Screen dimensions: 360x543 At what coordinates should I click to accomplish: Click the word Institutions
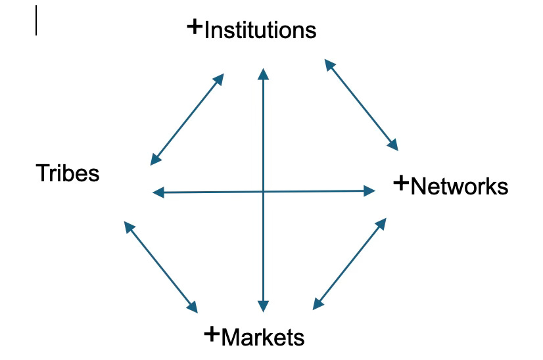pyautogui.click(x=260, y=30)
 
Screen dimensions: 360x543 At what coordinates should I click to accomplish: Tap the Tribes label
pyautogui.click(x=68, y=173)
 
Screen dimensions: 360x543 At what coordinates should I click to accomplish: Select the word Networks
pyautogui.click(x=459, y=187)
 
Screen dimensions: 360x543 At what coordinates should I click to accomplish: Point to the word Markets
pyautogui.click(x=263, y=338)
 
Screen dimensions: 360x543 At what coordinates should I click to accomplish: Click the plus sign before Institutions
pyautogui.click(x=195, y=27)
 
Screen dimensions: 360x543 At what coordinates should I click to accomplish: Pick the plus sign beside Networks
pyautogui.click(x=400, y=183)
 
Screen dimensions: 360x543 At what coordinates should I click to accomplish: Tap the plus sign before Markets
pyautogui.click(x=212, y=334)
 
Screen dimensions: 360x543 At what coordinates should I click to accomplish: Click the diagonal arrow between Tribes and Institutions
pyautogui.click(x=187, y=119)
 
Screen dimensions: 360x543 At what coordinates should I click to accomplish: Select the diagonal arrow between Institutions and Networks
pyautogui.click(x=362, y=104)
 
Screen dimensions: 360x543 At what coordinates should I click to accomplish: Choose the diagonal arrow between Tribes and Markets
pyautogui.click(x=160, y=267)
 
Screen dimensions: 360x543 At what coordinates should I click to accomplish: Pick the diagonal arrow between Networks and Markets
pyautogui.click(x=348, y=263)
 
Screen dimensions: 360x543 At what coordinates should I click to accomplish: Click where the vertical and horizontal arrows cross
pyautogui.click(x=264, y=192)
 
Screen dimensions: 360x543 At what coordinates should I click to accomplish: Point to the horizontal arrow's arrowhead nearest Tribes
pyautogui.click(x=157, y=192)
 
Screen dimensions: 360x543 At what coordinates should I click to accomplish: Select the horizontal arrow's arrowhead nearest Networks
pyautogui.click(x=369, y=191)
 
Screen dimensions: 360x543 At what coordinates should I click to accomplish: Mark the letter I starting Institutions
pyautogui.click(x=207, y=30)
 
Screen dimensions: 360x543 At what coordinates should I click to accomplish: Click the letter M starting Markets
pyautogui.click(x=229, y=338)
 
